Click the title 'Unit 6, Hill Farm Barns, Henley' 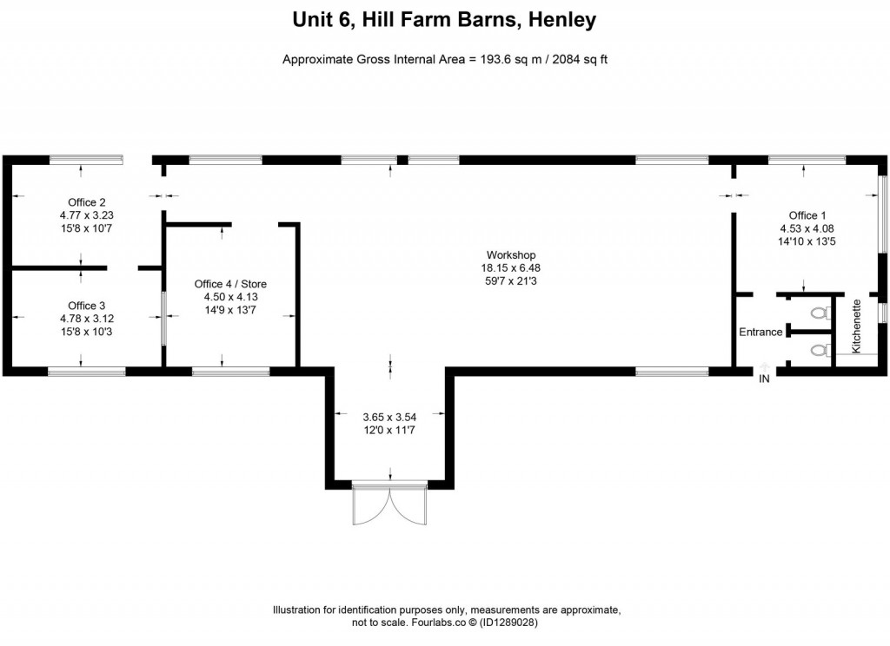(x=445, y=20)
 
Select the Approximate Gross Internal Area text (x=445, y=59)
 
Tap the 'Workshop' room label (x=509, y=254)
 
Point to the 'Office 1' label (x=803, y=215)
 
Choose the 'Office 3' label (x=87, y=306)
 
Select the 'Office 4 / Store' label (x=230, y=284)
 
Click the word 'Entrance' (x=760, y=332)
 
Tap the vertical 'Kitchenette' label (x=856, y=326)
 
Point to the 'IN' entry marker (x=764, y=379)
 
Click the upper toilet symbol (x=818, y=313)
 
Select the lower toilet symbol (x=818, y=351)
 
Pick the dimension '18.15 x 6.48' (x=509, y=267)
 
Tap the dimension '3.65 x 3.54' (x=390, y=416)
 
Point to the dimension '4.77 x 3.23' (x=87, y=215)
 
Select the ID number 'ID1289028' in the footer (x=515, y=623)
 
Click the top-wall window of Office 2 (x=85, y=160)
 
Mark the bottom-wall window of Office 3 (x=86, y=372)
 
